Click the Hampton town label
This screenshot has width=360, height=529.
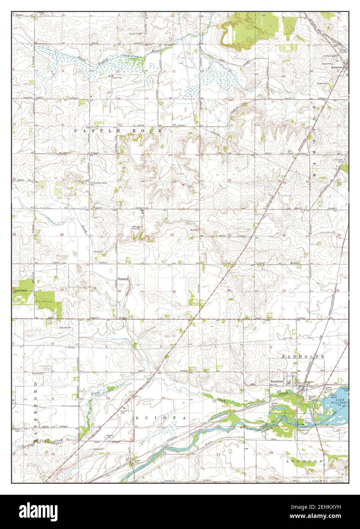(x=337, y=67)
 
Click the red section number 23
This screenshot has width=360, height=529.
(x=174, y=182)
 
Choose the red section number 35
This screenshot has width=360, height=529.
(x=174, y=292)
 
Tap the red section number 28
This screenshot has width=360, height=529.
(x=62, y=235)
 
